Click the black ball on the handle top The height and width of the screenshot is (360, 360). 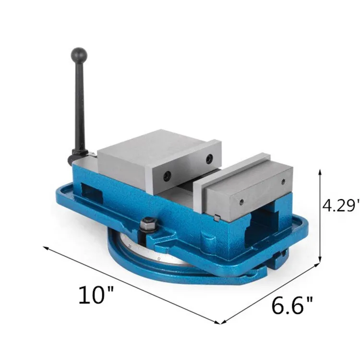(79, 56)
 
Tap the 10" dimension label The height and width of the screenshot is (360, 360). (96, 295)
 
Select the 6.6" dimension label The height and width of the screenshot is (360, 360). (292, 305)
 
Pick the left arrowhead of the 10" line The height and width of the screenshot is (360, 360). (46, 248)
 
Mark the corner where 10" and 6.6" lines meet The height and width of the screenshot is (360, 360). (220, 324)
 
